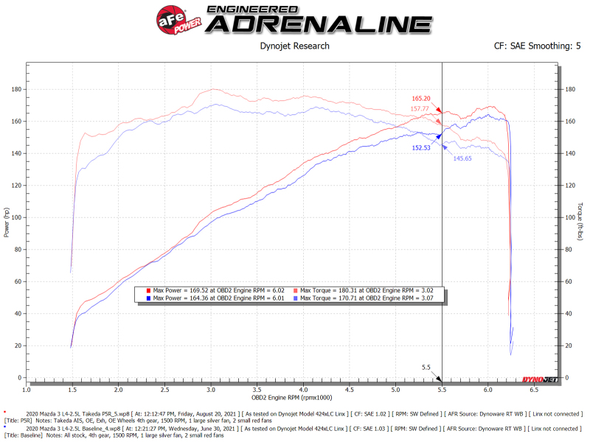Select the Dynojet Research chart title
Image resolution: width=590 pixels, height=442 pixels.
[x=295, y=46]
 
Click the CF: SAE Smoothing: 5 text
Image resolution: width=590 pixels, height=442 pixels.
[x=537, y=46]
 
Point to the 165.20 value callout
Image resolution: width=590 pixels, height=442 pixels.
[x=421, y=98]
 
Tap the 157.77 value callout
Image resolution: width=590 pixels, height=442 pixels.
[x=421, y=109]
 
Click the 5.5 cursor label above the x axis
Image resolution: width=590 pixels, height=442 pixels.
[x=426, y=367]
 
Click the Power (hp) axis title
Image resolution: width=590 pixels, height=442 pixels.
[x=7, y=221]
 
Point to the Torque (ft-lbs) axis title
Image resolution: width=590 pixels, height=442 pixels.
[x=580, y=221]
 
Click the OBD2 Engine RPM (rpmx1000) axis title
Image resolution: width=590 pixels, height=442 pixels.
[x=293, y=397]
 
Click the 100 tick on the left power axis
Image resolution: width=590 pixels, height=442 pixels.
[x=15, y=218]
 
